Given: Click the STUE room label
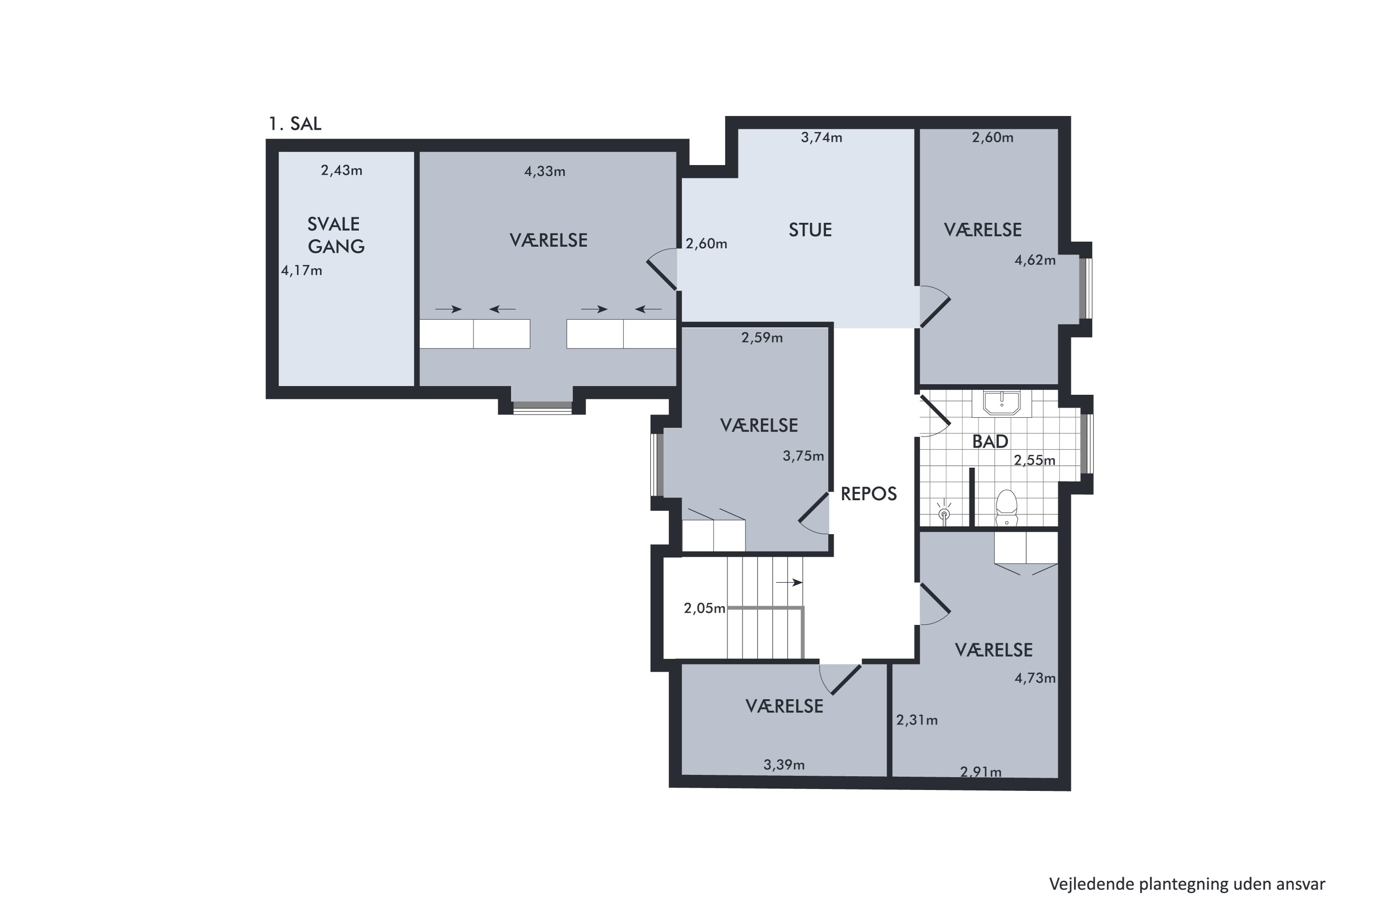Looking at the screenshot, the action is pos(810,230).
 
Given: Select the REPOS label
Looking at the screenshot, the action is pos(869,494).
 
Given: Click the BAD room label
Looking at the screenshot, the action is pos(990,442).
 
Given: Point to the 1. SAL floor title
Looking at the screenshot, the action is pos(295,123).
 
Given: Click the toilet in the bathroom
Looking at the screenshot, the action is pos(1006,507).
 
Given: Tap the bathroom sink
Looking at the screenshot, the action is pos(1002,403).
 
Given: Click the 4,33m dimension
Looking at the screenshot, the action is pos(545,171).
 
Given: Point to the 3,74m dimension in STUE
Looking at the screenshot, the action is pos(821,138).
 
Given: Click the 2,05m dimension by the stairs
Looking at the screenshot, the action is pos(704,608).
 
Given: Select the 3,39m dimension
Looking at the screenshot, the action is pos(784,764).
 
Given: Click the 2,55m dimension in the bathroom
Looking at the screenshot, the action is pos(1035,460).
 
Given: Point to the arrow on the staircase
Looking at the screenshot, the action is pos(789,582).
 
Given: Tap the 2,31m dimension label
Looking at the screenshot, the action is pos(917,720).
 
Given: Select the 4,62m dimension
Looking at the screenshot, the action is pos(1035,260).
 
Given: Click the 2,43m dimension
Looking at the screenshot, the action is pos(341,170).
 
